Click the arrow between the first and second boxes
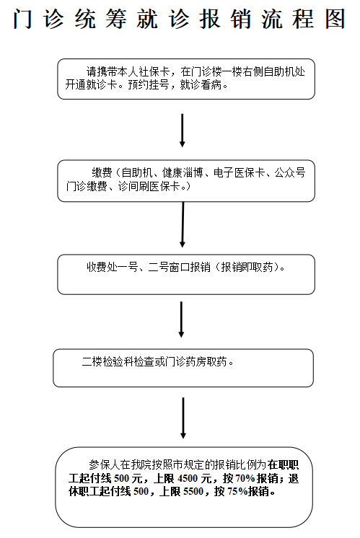183,129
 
